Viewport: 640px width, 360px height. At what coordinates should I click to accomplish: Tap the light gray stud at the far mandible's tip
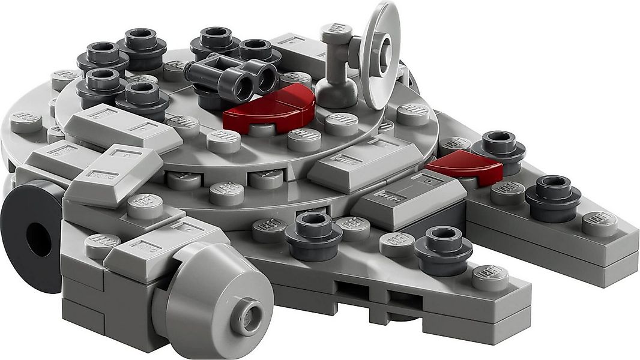tap(601, 223)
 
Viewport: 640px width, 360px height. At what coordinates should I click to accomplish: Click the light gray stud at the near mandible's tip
tap(489, 276)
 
